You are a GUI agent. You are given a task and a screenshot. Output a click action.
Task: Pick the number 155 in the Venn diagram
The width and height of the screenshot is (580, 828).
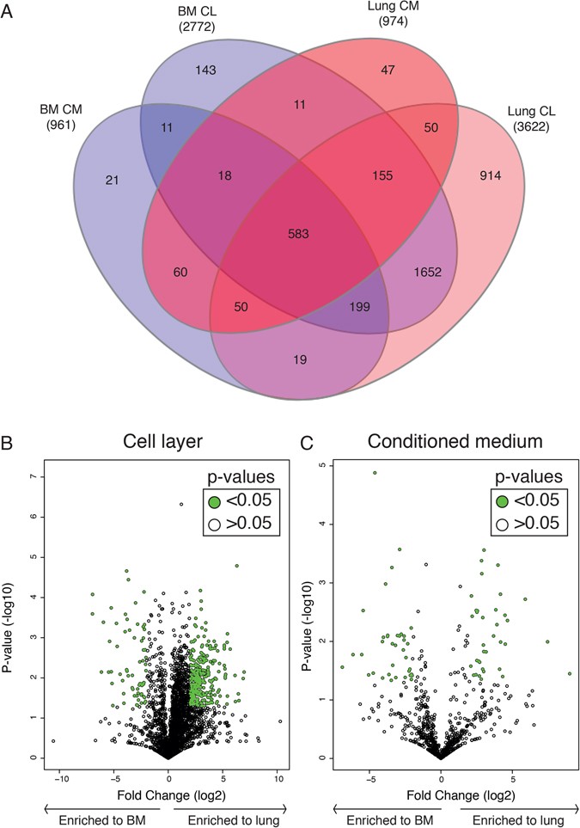[380, 175]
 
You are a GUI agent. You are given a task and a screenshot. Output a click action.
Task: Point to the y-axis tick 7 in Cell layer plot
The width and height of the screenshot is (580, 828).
[33, 476]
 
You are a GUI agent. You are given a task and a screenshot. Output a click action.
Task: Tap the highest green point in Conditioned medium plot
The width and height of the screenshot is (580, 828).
[375, 472]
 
